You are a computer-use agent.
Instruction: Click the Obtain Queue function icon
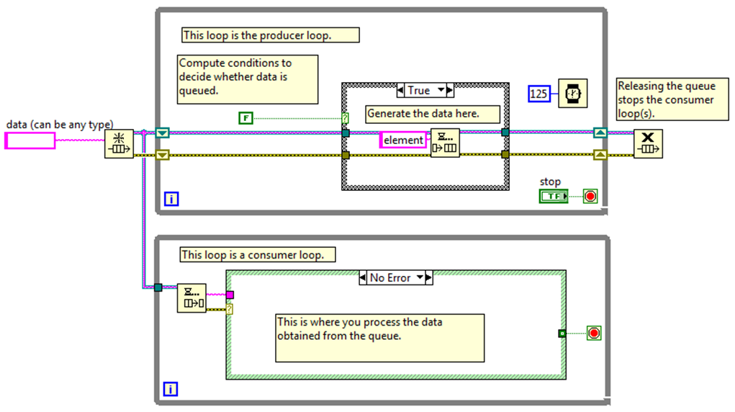tap(119, 144)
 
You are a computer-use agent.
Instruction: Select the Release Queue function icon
tap(648, 143)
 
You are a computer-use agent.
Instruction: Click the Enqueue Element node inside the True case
tap(445, 143)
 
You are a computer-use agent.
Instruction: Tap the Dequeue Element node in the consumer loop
tap(191, 298)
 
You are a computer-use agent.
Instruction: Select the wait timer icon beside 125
tap(573, 93)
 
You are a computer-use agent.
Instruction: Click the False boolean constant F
tap(246, 117)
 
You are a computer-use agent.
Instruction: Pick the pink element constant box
tap(403, 140)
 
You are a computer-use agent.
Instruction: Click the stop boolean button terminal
tap(554, 196)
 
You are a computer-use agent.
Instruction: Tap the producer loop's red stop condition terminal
tap(590, 196)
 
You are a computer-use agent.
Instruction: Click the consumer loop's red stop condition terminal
tap(594, 333)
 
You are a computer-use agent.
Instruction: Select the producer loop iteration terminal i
tap(171, 199)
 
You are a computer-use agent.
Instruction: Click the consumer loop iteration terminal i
tap(171, 390)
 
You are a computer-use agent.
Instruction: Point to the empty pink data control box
tap(30, 140)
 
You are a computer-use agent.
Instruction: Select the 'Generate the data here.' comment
tap(423, 113)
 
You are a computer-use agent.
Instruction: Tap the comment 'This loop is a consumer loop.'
tap(258, 254)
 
